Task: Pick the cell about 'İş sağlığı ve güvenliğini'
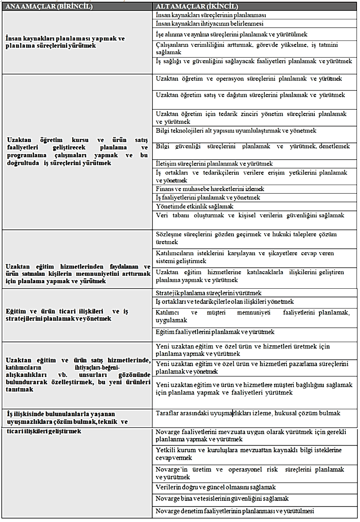(254, 62)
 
